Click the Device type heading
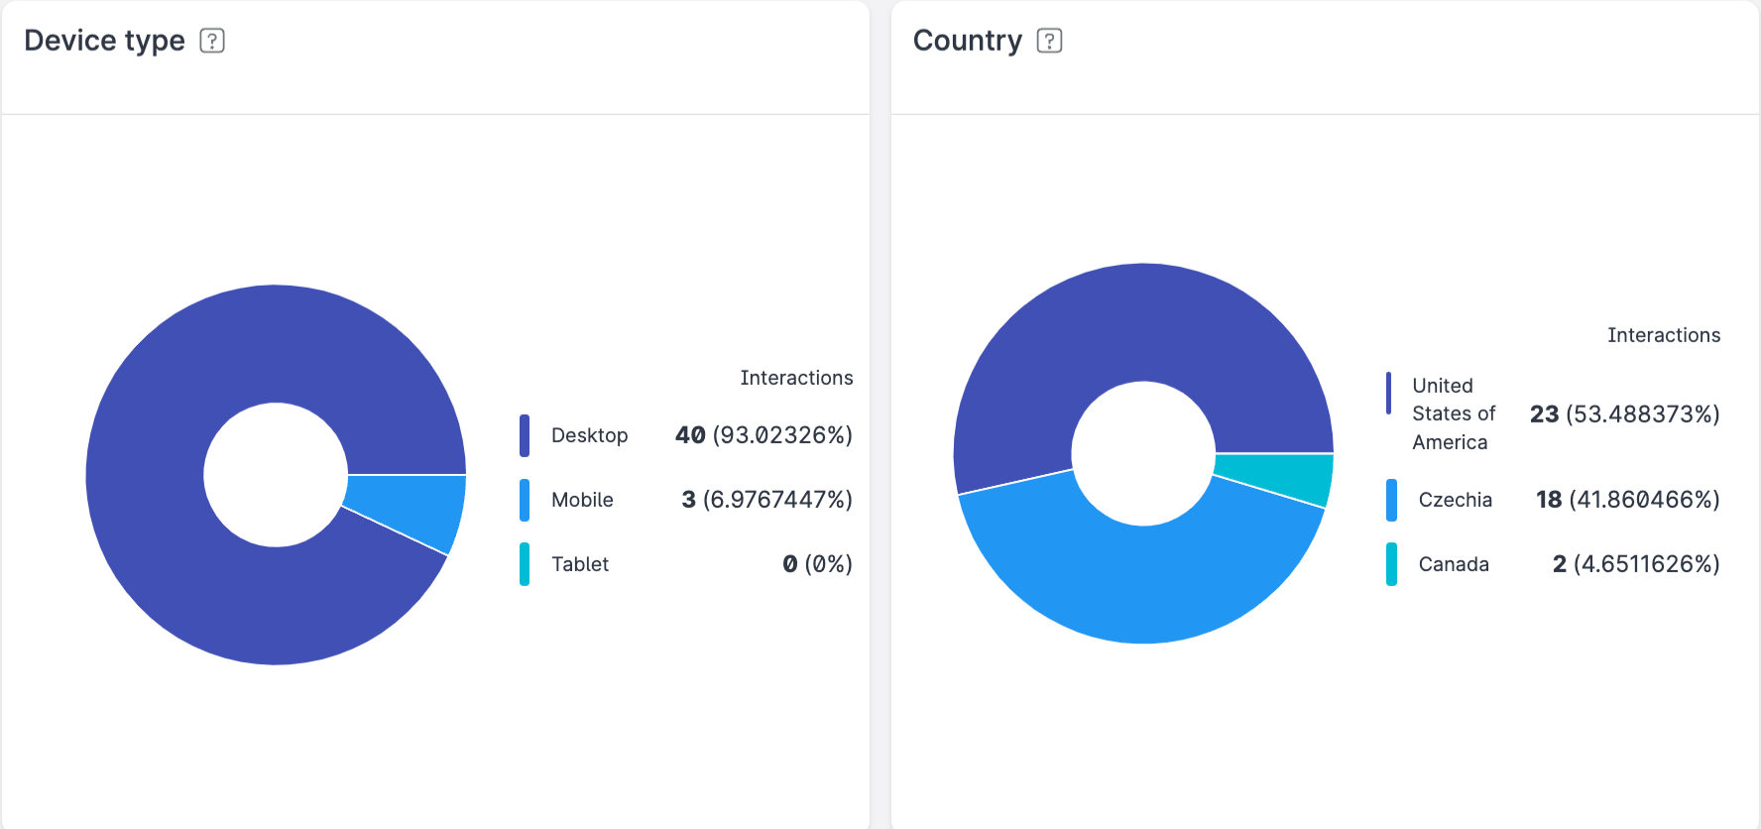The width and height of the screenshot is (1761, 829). click(104, 41)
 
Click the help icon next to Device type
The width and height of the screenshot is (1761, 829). click(212, 41)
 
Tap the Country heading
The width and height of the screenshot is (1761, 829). click(967, 41)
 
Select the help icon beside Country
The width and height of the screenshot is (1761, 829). click(1049, 41)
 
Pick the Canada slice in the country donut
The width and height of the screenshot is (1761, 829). click(1279, 478)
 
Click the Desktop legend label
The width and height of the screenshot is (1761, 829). click(589, 435)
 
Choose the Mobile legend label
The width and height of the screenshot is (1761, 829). click(582, 500)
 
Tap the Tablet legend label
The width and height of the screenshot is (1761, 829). click(580, 564)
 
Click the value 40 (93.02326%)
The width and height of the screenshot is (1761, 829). click(763, 435)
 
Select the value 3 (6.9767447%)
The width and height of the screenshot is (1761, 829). click(766, 500)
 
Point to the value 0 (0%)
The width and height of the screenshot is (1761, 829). click(817, 564)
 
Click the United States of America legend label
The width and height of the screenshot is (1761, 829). click(1453, 414)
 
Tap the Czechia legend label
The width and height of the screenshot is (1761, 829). click(1455, 500)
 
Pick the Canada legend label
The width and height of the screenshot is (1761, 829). click(1454, 564)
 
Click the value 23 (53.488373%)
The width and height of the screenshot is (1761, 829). click(1624, 414)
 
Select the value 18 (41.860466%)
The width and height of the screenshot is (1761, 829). click(1627, 500)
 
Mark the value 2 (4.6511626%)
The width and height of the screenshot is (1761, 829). click(1635, 564)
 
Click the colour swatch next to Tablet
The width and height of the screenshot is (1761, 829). click(525, 564)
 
